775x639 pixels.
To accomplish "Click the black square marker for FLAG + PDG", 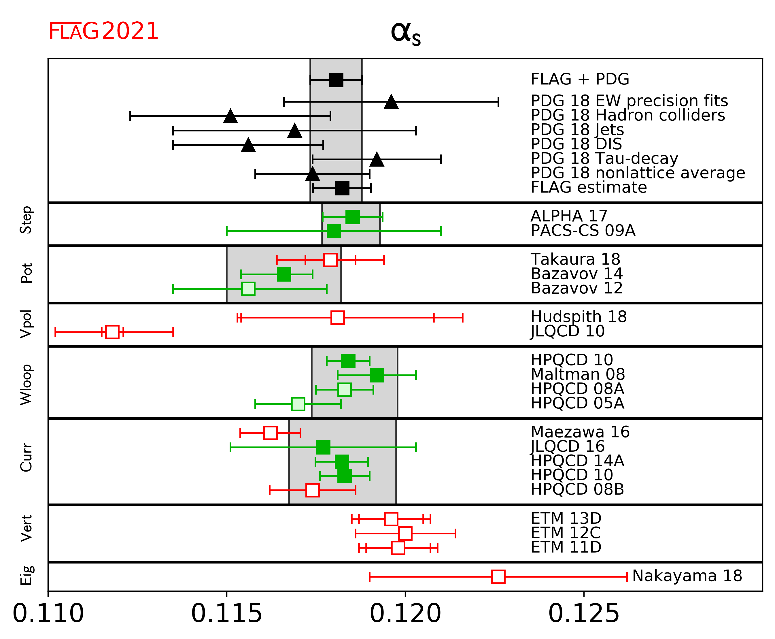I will (x=336, y=80).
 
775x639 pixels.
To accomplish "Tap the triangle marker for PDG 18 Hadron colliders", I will (x=230, y=116).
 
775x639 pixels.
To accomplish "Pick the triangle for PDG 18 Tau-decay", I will (x=377, y=160).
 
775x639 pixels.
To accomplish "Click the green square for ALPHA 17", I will (x=352, y=217).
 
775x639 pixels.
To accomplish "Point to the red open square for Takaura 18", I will (x=330, y=260).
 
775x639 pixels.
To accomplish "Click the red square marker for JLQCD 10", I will (x=112, y=332).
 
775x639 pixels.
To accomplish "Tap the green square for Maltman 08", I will (x=377, y=375).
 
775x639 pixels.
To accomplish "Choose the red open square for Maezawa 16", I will (x=271, y=433).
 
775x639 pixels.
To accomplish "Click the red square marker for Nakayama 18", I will (x=498, y=577).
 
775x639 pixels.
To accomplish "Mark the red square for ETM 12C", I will (x=405, y=533).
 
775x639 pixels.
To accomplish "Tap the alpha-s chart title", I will (x=405, y=34).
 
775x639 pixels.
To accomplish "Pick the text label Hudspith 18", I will (x=579, y=316).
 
